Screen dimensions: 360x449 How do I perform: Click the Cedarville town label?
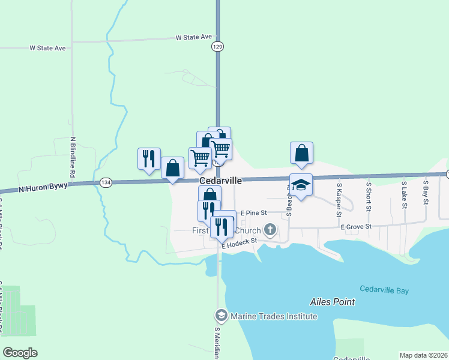tap(221, 181)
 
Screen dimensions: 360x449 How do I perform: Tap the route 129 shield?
tap(218, 46)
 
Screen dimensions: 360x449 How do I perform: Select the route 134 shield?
tap(106, 182)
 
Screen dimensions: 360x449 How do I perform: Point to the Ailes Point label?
tap(333, 302)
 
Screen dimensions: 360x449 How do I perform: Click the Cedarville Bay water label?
tap(384, 290)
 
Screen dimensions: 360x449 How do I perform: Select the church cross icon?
tap(270, 230)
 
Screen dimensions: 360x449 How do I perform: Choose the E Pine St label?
tap(253, 213)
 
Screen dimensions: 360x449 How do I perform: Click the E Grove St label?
tap(356, 227)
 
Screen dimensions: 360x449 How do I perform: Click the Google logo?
tap(20, 353)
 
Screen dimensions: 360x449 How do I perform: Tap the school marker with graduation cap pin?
tap(301, 185)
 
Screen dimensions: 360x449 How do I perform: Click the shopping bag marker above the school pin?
tap(301, 154)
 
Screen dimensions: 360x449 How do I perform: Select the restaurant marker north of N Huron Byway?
tap(149, 159)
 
